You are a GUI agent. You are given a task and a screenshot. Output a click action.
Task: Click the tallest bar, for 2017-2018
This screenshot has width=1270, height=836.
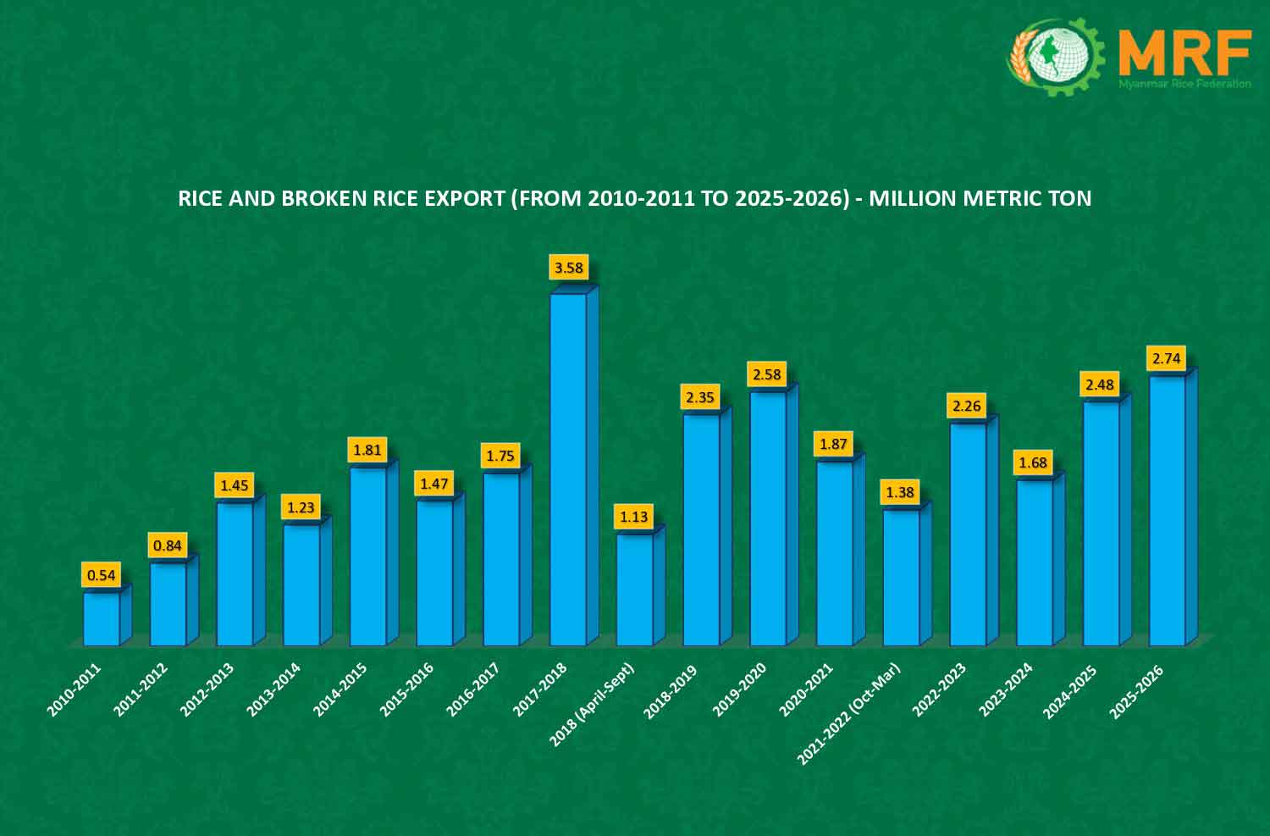point(568,470)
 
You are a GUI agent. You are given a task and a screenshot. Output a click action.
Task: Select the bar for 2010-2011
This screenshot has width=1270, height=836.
point(102,619)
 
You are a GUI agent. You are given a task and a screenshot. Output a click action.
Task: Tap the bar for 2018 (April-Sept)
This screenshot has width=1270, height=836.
point(635,590)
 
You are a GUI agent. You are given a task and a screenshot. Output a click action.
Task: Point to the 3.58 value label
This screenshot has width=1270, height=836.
point(568,269)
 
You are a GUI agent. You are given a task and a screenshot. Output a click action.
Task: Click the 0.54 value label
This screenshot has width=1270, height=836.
point(102,575)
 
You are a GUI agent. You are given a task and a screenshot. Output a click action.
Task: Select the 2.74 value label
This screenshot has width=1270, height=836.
point(1167,358)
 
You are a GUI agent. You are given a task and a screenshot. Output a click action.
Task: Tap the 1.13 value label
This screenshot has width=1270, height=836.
point(634,517)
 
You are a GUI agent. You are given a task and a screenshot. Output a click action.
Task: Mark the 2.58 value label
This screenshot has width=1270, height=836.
point(767,374)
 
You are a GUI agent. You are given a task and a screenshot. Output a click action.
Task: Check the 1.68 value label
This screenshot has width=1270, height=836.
point(1034,462)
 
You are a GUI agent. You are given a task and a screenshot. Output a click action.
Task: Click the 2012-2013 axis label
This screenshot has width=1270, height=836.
point(207,689)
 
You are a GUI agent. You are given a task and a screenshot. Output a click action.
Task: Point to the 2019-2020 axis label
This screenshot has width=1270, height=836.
point(739,689)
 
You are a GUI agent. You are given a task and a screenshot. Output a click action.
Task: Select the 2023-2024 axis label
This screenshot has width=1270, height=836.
point(1006,689)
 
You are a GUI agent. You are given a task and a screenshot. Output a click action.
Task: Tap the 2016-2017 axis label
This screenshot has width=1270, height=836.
point(472,689)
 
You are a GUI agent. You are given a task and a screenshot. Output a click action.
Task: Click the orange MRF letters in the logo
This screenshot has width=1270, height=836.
point(1184,53)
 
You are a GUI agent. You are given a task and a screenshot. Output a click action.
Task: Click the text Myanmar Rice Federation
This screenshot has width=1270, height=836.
point(1184,84)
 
